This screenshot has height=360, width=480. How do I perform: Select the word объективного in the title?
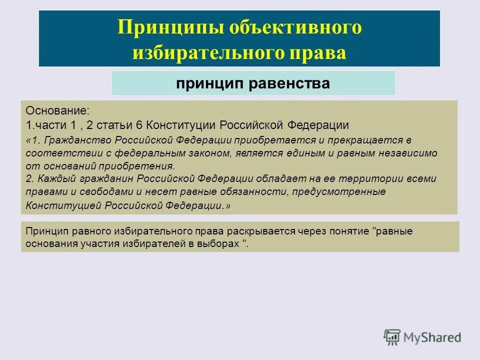[295, 27]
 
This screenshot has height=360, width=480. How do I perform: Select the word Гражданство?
[72, 140]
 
